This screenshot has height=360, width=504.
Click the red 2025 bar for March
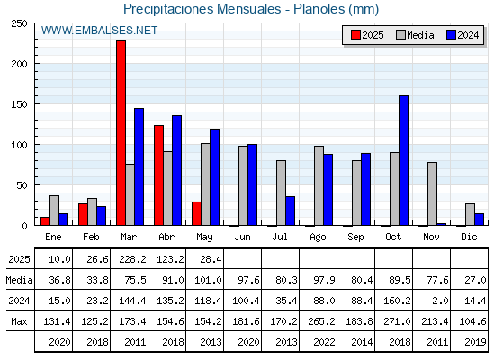(121, 133)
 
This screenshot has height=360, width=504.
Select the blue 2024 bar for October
(404, 160)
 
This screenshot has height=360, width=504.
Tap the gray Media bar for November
(432, 193)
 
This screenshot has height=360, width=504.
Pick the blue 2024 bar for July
(290, 211)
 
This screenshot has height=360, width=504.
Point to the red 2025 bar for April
(158, 175)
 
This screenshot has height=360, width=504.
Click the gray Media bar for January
(54, 211)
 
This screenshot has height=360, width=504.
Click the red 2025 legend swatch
(355, 35)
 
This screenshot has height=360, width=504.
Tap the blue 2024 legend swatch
(452, 35)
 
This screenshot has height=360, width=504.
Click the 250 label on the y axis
(19, 23)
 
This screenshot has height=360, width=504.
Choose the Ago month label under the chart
(318, 238)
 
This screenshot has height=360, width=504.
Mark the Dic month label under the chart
(469, 237)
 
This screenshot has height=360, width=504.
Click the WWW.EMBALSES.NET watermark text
(99, 31)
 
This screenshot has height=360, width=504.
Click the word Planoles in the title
(319, 9)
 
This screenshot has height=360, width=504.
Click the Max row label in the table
(19, 321)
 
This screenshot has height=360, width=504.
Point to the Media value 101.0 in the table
(208, 280)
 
